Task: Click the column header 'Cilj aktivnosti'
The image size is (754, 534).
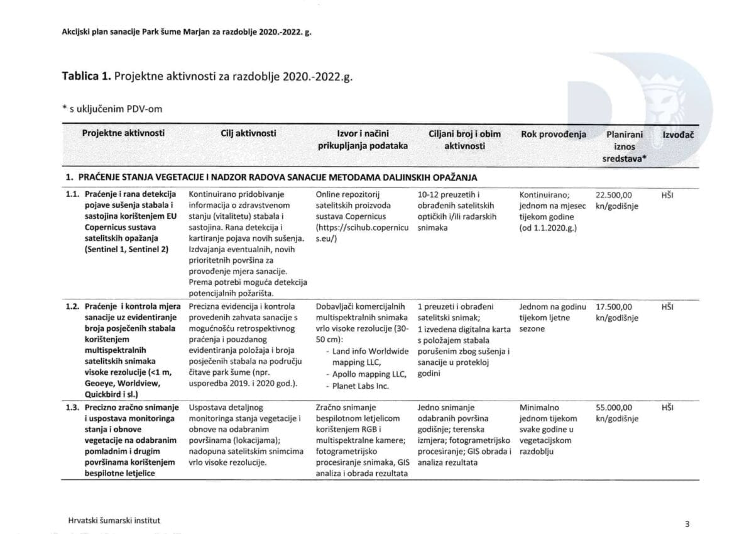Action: (x=248, y=133)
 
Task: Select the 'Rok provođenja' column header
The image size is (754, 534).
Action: (x=554, y=134)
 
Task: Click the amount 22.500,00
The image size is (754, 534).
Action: (x=615, y=194)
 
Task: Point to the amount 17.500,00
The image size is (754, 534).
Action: (x=615, y=307)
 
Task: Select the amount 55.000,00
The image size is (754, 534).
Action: (x=615, y=408)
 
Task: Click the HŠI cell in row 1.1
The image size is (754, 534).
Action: (x=667, y=194)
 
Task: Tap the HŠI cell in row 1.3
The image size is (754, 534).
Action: (x=667, y=408)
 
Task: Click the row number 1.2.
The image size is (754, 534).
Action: (x=72, y=307)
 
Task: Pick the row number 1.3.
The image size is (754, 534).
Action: (x=72, y=408)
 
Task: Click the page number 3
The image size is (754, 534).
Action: (x=687, y=523)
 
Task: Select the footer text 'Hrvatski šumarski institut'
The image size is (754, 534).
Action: (x=114, y=521)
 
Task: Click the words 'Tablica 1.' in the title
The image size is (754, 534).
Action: (x=86, y=76)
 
